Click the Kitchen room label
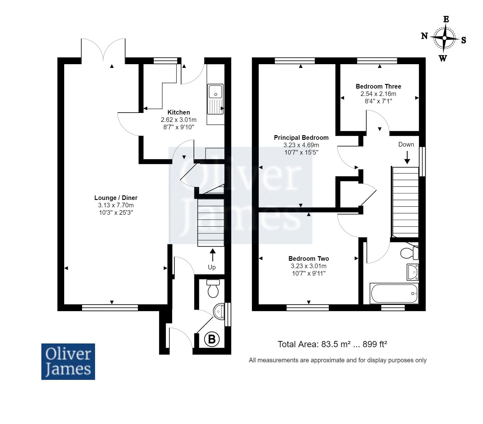click(x=178, y=112)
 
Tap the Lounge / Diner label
click(x=116, y=198)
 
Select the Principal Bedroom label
click(x=301, y=138)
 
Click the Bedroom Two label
click(x=309, y=259)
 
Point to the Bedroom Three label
click(x=378, y=86)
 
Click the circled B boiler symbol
click(x=212, y=339)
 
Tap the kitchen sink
click(x=216, y=99)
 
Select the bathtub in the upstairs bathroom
click(x=394, y=293)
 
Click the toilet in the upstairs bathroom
click(x=410, y=253)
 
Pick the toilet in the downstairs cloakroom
click(x=213, y=288)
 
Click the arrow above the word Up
click(x=212, y=255)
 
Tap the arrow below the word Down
click(x=407, y=156)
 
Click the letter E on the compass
click(x=446, y=19)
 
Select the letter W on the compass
click(x=443, y=58)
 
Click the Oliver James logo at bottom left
click(x=68, y=361)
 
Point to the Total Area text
click(x=332, y=344)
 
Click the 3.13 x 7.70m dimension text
click(x=116, y=205)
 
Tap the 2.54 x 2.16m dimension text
click(x=378, y=94)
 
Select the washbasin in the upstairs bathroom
click(x=413, y=272)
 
